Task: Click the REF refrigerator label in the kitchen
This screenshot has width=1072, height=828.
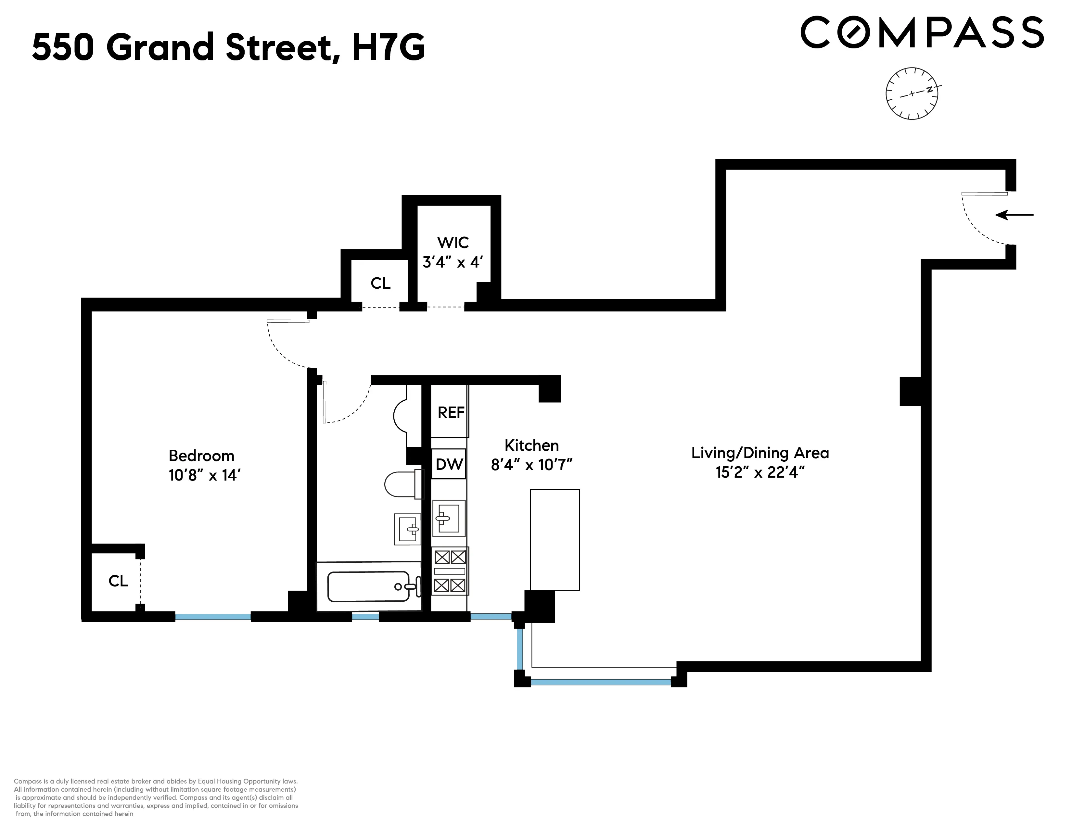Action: click(451, 412)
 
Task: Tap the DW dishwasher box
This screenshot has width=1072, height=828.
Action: click(449, 464)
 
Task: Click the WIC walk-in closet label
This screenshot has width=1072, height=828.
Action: click(453, 242)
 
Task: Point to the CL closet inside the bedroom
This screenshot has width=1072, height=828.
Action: click(118, 581)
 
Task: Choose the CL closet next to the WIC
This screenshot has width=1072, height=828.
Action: click(380, 283)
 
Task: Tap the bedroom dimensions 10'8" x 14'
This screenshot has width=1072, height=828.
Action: click(204, 475)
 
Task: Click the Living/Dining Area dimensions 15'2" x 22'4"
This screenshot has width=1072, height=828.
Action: click(760, 472)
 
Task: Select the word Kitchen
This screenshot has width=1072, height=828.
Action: click(531, 445)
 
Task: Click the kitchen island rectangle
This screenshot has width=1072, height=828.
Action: click(555, 540)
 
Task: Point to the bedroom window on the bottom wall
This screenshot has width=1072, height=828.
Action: click(213, 617)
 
